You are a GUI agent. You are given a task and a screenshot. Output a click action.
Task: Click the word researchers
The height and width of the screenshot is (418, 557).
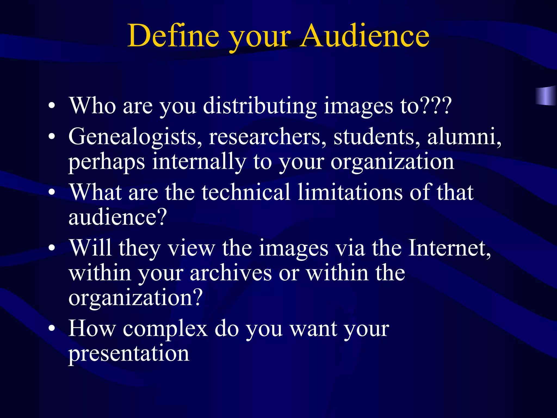[x=267, y=137]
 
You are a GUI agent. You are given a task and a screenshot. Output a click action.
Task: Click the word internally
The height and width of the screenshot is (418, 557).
[x=199, y=162]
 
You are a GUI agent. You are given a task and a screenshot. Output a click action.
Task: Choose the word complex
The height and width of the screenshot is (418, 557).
[x=165, y=329]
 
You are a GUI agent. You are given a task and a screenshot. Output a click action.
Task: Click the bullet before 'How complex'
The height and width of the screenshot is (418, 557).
[x=52, y=329]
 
